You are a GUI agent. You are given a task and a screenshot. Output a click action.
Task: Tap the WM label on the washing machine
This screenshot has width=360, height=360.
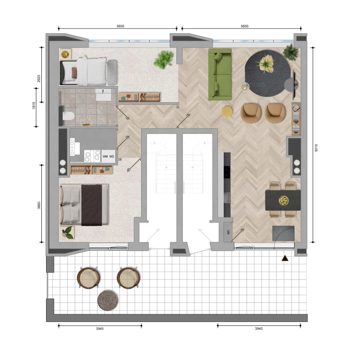(105, 156)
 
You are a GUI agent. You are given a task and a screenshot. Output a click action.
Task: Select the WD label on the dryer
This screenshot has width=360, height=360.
(112, 156)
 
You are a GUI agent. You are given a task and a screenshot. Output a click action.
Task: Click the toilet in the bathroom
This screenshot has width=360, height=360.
(67, 115)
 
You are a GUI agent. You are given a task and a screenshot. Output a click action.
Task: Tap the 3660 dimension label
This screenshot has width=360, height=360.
(39, 206)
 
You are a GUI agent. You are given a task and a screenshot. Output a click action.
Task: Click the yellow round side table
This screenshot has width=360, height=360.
(227, 112)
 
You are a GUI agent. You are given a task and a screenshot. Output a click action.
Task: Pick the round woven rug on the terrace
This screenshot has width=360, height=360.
(108, 301)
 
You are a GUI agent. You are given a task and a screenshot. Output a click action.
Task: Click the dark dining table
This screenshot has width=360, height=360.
(283, 200)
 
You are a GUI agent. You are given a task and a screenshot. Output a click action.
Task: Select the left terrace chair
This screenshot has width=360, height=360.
(88, 277)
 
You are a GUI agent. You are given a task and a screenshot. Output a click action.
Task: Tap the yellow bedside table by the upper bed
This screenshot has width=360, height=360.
(65, 53)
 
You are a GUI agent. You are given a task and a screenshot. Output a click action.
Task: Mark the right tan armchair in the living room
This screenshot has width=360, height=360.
(275, 112)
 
